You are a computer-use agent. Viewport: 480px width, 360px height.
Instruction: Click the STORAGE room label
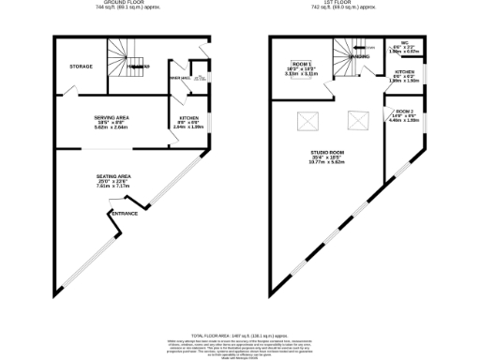click(x=82, y=67)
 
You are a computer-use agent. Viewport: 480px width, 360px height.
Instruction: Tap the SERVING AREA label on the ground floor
click(x=111, y=117)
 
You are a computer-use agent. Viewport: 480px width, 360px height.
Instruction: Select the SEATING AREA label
click(x=112, y=176)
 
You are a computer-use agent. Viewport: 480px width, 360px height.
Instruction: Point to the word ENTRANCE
click(x=125, y=214)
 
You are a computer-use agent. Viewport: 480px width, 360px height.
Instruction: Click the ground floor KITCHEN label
click(x=188, y=118)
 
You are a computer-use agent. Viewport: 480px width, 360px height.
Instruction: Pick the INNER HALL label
click(x=179, y=78)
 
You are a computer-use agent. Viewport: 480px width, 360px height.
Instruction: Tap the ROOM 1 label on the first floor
click(x=302, y=62)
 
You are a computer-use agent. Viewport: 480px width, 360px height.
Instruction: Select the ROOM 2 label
click(x=400, y=112)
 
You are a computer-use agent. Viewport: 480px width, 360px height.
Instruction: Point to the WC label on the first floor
click(x=404, y=43)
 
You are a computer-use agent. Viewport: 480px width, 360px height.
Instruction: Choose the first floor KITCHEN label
click(x=404, y=71)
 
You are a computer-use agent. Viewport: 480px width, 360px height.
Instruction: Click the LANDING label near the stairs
click(x=359, y=56)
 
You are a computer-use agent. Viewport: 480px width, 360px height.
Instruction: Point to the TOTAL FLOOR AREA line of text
click(x=238, y=335)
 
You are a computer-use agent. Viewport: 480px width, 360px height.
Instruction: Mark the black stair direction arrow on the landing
click(x=370, y=47)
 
